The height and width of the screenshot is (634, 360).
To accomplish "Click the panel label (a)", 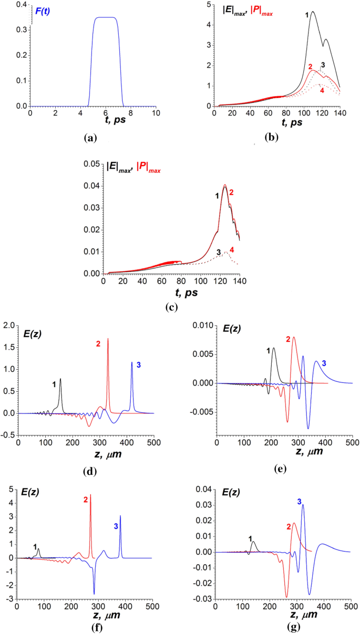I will point(90,138).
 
